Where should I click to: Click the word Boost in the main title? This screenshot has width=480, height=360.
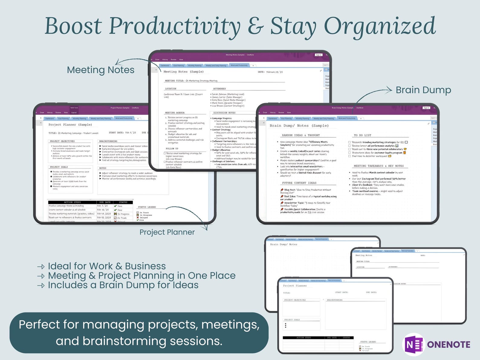click(x=73, y=26)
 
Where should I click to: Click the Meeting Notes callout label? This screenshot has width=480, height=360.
click(x=101, y=70)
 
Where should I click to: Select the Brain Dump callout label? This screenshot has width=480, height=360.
click(x=423, y=90)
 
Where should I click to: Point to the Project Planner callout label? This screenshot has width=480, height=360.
click(x=167, y=232)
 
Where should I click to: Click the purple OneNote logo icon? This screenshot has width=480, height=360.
click(x=414, y=344)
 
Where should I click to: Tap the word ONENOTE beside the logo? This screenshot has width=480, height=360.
click(x=449, y=345)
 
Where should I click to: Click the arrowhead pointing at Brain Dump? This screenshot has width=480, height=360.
click(x=390, y=89)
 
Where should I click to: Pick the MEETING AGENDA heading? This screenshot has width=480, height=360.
click(x=175, y=113)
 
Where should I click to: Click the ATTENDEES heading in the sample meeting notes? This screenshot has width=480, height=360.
click(x=219, y=89)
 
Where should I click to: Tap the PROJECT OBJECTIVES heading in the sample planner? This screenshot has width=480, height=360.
click(x=62, y=141)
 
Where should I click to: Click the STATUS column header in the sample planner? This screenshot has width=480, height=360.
click(x=123, y=202)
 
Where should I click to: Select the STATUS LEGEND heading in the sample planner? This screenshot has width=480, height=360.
click(x=147, y=207)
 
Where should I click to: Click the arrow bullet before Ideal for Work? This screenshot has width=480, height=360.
click(x=41, y=267)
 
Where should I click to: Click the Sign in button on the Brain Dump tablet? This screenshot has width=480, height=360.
click(x=426, y=108)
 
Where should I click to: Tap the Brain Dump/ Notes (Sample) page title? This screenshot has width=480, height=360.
click(x=299, y=126)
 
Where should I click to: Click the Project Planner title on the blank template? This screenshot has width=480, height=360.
click(x=295, y=286)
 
